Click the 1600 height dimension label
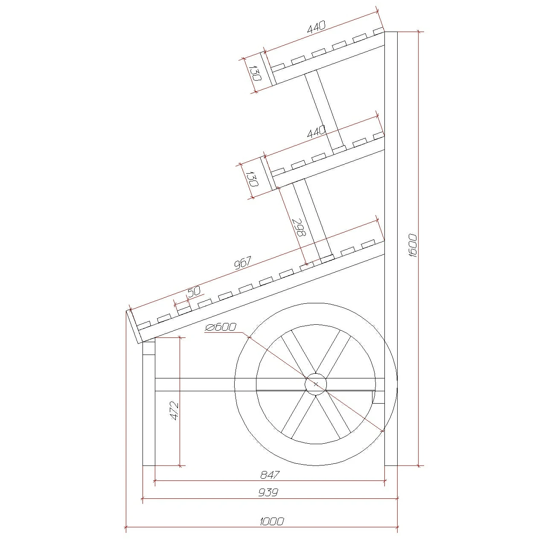click(x=413, y=246)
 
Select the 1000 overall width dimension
click(x=272, y=521)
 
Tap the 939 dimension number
click(x=268, y=492)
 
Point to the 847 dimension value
click(x=270, y=474)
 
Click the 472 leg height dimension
click(x=175, y=411)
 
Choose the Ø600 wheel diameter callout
click(x=221, y=327)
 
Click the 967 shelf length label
click(x=243, y=263)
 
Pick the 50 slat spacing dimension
click(x=194, y=291)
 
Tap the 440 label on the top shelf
click(x=317, y=27)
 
